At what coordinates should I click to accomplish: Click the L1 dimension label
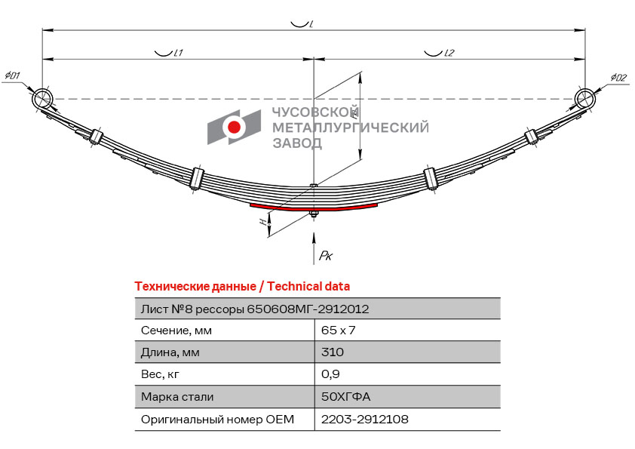coord(178,53)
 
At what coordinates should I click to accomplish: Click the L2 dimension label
coord(449,53)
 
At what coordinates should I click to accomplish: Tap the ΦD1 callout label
coord(12,75)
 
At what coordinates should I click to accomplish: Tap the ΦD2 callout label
coord(618,77)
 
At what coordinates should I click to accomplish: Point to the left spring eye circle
coord(42,99)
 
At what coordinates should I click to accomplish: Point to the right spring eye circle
coord(584,98)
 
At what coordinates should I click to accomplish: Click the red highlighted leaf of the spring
coord(314,208)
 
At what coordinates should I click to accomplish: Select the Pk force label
coord(326,255)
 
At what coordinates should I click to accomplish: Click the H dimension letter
coord(264,222)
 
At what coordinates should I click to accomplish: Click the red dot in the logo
coord(234,127)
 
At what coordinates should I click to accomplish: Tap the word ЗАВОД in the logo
coord(297,143)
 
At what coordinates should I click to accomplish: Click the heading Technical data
coord(308,287)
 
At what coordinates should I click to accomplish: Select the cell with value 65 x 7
coord(338,331)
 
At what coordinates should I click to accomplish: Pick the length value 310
coord(333,352)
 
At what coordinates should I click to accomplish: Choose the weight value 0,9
coord(330,374)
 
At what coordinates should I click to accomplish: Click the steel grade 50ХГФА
coord(346,396)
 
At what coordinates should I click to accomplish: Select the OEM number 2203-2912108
coord(365,419)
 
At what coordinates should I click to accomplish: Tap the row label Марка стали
coord(177,397)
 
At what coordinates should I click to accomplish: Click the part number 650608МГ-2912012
coord(308,309)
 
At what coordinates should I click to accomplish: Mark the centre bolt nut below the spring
coord(313,214)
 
